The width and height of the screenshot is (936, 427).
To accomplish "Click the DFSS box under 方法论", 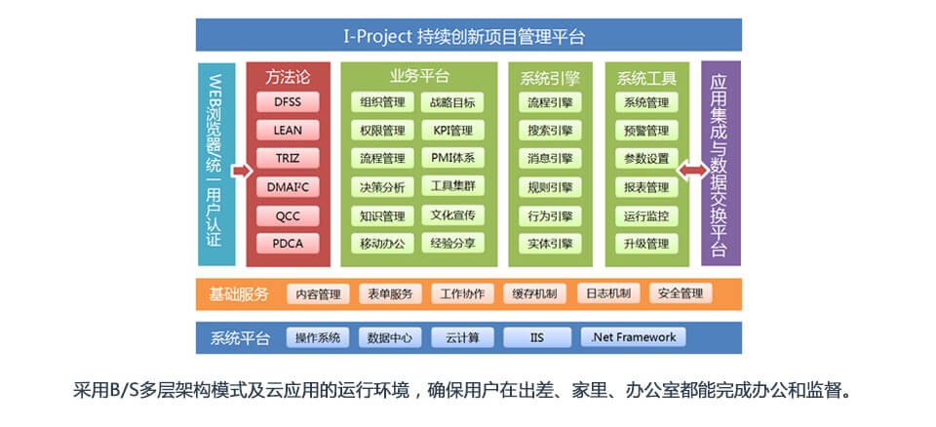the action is (288, 102).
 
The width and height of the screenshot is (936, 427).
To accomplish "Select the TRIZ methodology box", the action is (288, 158).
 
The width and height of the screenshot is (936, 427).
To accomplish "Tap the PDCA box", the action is (288, 244).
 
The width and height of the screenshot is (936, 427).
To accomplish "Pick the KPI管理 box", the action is (452, 131).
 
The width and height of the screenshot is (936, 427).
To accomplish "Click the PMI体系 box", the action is (452, 158).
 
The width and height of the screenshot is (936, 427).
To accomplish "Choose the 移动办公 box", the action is (382, 244).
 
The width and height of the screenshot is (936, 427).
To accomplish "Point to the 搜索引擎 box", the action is (550, 131).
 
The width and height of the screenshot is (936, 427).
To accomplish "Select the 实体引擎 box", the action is (550, 244).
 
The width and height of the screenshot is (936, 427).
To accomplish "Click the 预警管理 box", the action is (646, 131).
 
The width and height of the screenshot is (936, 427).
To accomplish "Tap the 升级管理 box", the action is (646, 244).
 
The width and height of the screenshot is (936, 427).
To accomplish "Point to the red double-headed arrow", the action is (692, 172).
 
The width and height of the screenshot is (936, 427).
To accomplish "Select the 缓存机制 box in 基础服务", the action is (535, 293).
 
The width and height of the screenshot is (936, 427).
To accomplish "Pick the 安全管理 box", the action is (681, 293).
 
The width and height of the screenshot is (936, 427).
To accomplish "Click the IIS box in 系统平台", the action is (536, 337).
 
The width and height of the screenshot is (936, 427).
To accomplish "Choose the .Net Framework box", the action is (634, 337).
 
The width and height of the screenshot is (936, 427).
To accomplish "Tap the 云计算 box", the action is (462, 337).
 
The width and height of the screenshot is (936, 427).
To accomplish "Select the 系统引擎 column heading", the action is (550, 78).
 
